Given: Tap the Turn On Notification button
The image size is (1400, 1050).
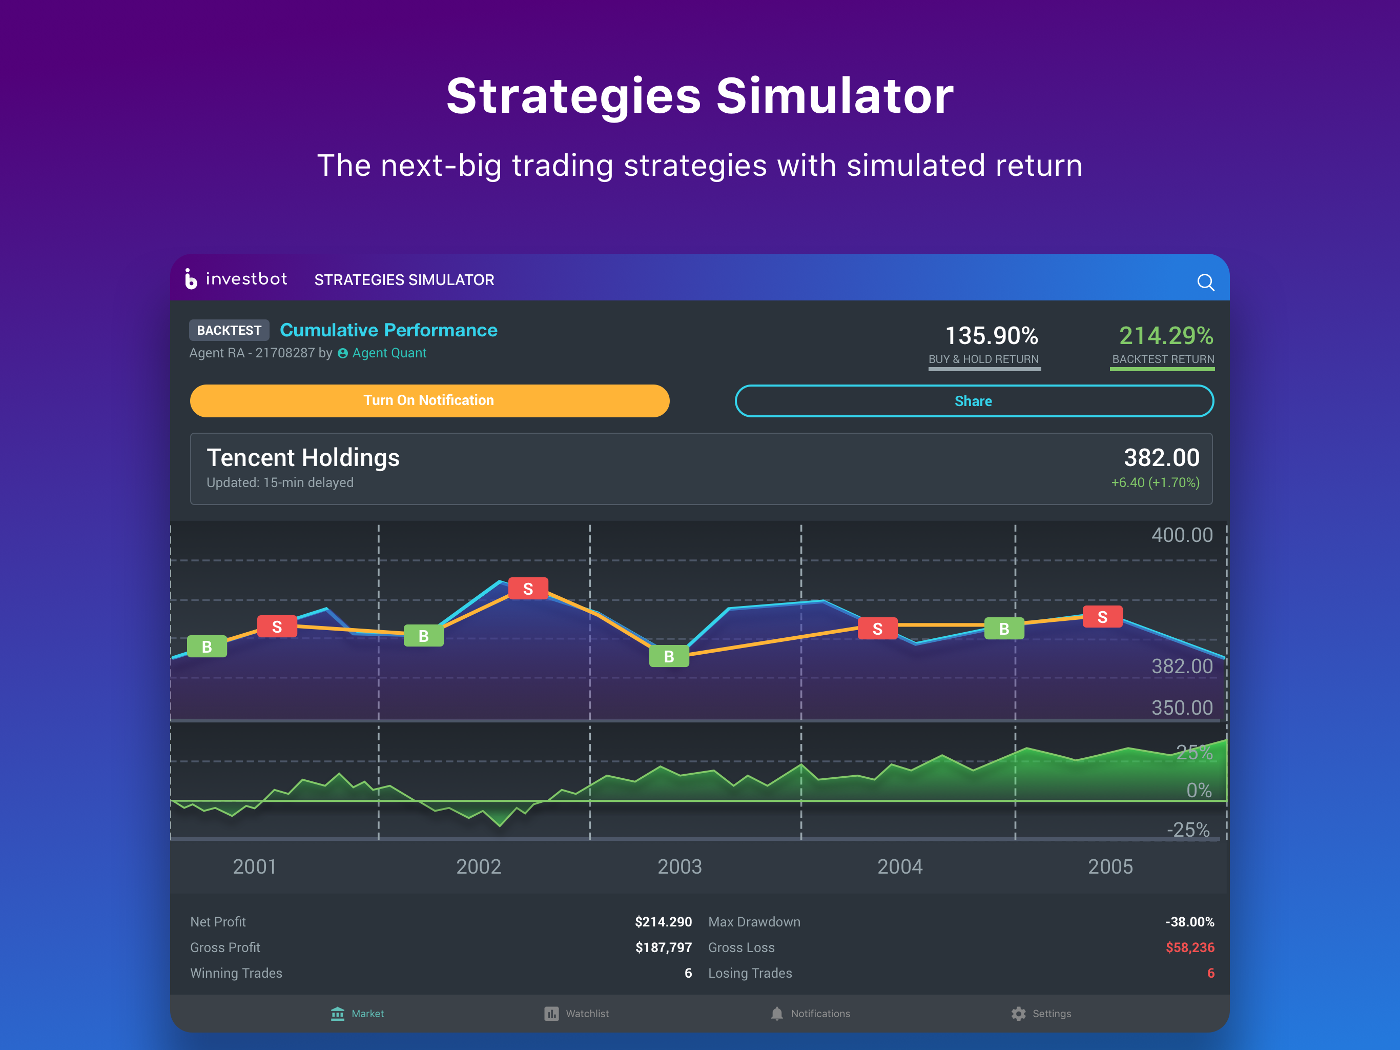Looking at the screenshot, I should point(429,400).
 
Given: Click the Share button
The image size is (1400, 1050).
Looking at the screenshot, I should point(974,401).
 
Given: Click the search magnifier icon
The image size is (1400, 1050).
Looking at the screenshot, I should point(1205,282).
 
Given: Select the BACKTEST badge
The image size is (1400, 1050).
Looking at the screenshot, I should point(229,330).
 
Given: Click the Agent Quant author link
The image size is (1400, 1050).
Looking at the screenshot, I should point(388,353).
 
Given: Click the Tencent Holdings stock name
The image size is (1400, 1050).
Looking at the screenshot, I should point(303,457).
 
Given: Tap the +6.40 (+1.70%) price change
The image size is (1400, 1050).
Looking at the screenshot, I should point(1155,482).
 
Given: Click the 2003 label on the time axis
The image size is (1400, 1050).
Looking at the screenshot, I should point(679,866).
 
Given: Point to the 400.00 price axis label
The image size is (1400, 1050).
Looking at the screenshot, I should point(1182,535).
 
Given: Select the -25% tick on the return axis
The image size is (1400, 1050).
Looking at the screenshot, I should point(1188,830).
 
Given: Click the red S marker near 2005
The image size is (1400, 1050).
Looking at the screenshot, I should point(1102,617).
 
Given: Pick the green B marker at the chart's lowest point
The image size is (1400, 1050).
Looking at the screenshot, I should point(669,656).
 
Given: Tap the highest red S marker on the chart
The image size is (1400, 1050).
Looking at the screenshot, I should point(528,589).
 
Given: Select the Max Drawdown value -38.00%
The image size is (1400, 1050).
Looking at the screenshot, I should point(1189,921).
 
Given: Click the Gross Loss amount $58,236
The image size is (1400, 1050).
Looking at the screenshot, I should point(1189,947).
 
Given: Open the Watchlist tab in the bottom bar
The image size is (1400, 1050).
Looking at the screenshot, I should point(577,1013).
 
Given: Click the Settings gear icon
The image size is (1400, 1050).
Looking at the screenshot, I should point(1018,1013).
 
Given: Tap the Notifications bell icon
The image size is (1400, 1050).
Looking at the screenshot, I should point(776,1013).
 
